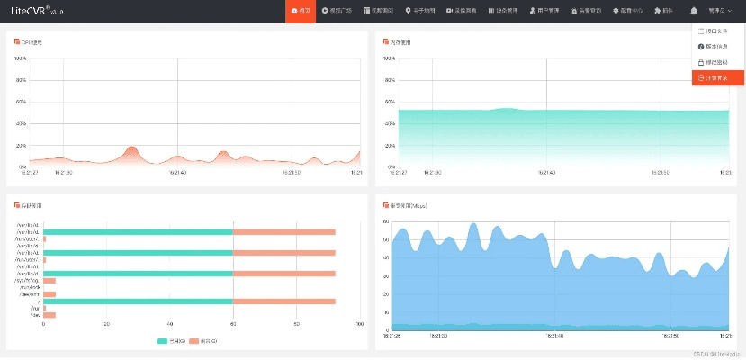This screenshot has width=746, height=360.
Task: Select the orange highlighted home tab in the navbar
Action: click(301, 10)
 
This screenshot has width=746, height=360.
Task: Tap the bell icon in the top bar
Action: click(694, 10)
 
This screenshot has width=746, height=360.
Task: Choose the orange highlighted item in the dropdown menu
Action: click(717, 77)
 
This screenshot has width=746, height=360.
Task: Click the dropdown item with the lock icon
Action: click(717, 62)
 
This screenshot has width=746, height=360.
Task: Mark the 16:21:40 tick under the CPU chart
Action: click(177, 173)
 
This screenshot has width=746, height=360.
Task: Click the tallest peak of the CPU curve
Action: click(131, 147)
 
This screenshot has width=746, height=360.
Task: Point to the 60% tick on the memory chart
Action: click(390, 103)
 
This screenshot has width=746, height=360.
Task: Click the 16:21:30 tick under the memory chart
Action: click(431, 173)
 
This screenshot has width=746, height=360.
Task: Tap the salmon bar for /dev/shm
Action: click(49, 294)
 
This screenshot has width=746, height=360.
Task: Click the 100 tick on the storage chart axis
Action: click(360, 325)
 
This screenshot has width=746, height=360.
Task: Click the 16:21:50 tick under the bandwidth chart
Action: click(670, 335)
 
